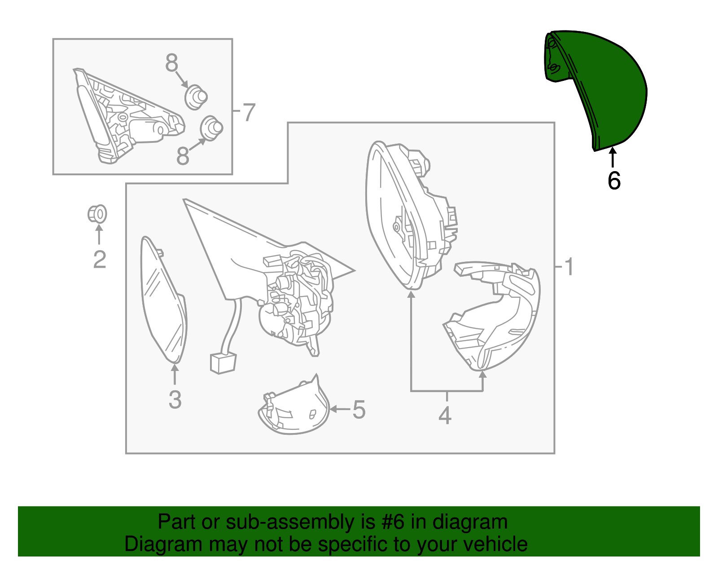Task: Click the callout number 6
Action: [x=614, y=181]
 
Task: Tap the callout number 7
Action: [x=249, y=112]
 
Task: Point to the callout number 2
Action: [x=100, y=259]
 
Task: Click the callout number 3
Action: [x=175, y=400]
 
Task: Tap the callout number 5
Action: [x=359, y=410]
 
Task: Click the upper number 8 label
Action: [x=171, y=63]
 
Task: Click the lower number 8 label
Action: [x=183, y=156]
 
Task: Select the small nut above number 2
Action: [x=97, y=214]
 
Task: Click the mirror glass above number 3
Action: [x=163, y=300]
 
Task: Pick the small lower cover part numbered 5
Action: [x=294, y=407]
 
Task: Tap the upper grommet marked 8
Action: [x=196, y=97]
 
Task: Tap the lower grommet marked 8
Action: [x=212, y=128]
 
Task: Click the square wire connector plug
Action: [x=223, y=363]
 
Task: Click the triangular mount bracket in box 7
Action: [x=129, y=116]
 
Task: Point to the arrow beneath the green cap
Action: [x=613, y=157]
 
